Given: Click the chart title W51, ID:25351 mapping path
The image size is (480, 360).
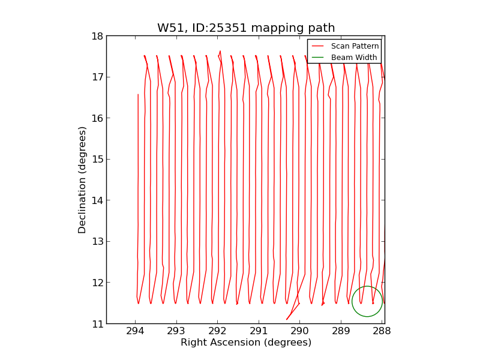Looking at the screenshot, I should coord(246,28).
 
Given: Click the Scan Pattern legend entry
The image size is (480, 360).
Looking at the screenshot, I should coord(355,46).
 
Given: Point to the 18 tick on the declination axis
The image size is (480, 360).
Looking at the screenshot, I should coord(97,36).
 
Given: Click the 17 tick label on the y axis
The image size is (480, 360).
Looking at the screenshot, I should coord(97,77).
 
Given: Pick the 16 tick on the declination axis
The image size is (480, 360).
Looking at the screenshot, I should coord(97,118).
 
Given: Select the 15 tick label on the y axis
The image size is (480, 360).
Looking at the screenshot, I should coord(97,160).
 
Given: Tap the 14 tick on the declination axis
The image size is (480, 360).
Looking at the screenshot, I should coord(97,200).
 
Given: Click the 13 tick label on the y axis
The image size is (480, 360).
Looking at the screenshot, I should coord(97,242).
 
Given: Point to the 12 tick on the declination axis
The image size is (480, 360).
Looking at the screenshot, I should coord(97,283).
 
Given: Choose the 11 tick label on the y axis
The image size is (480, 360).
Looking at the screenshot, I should coord(97,324).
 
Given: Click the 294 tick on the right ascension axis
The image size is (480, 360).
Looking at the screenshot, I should coord(135,331).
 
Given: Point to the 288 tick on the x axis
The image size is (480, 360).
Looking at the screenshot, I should coord(382,331).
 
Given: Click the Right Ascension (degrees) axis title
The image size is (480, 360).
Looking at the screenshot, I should coord(246,343).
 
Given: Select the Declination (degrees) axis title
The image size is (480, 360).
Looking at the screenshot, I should coord(82,179).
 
